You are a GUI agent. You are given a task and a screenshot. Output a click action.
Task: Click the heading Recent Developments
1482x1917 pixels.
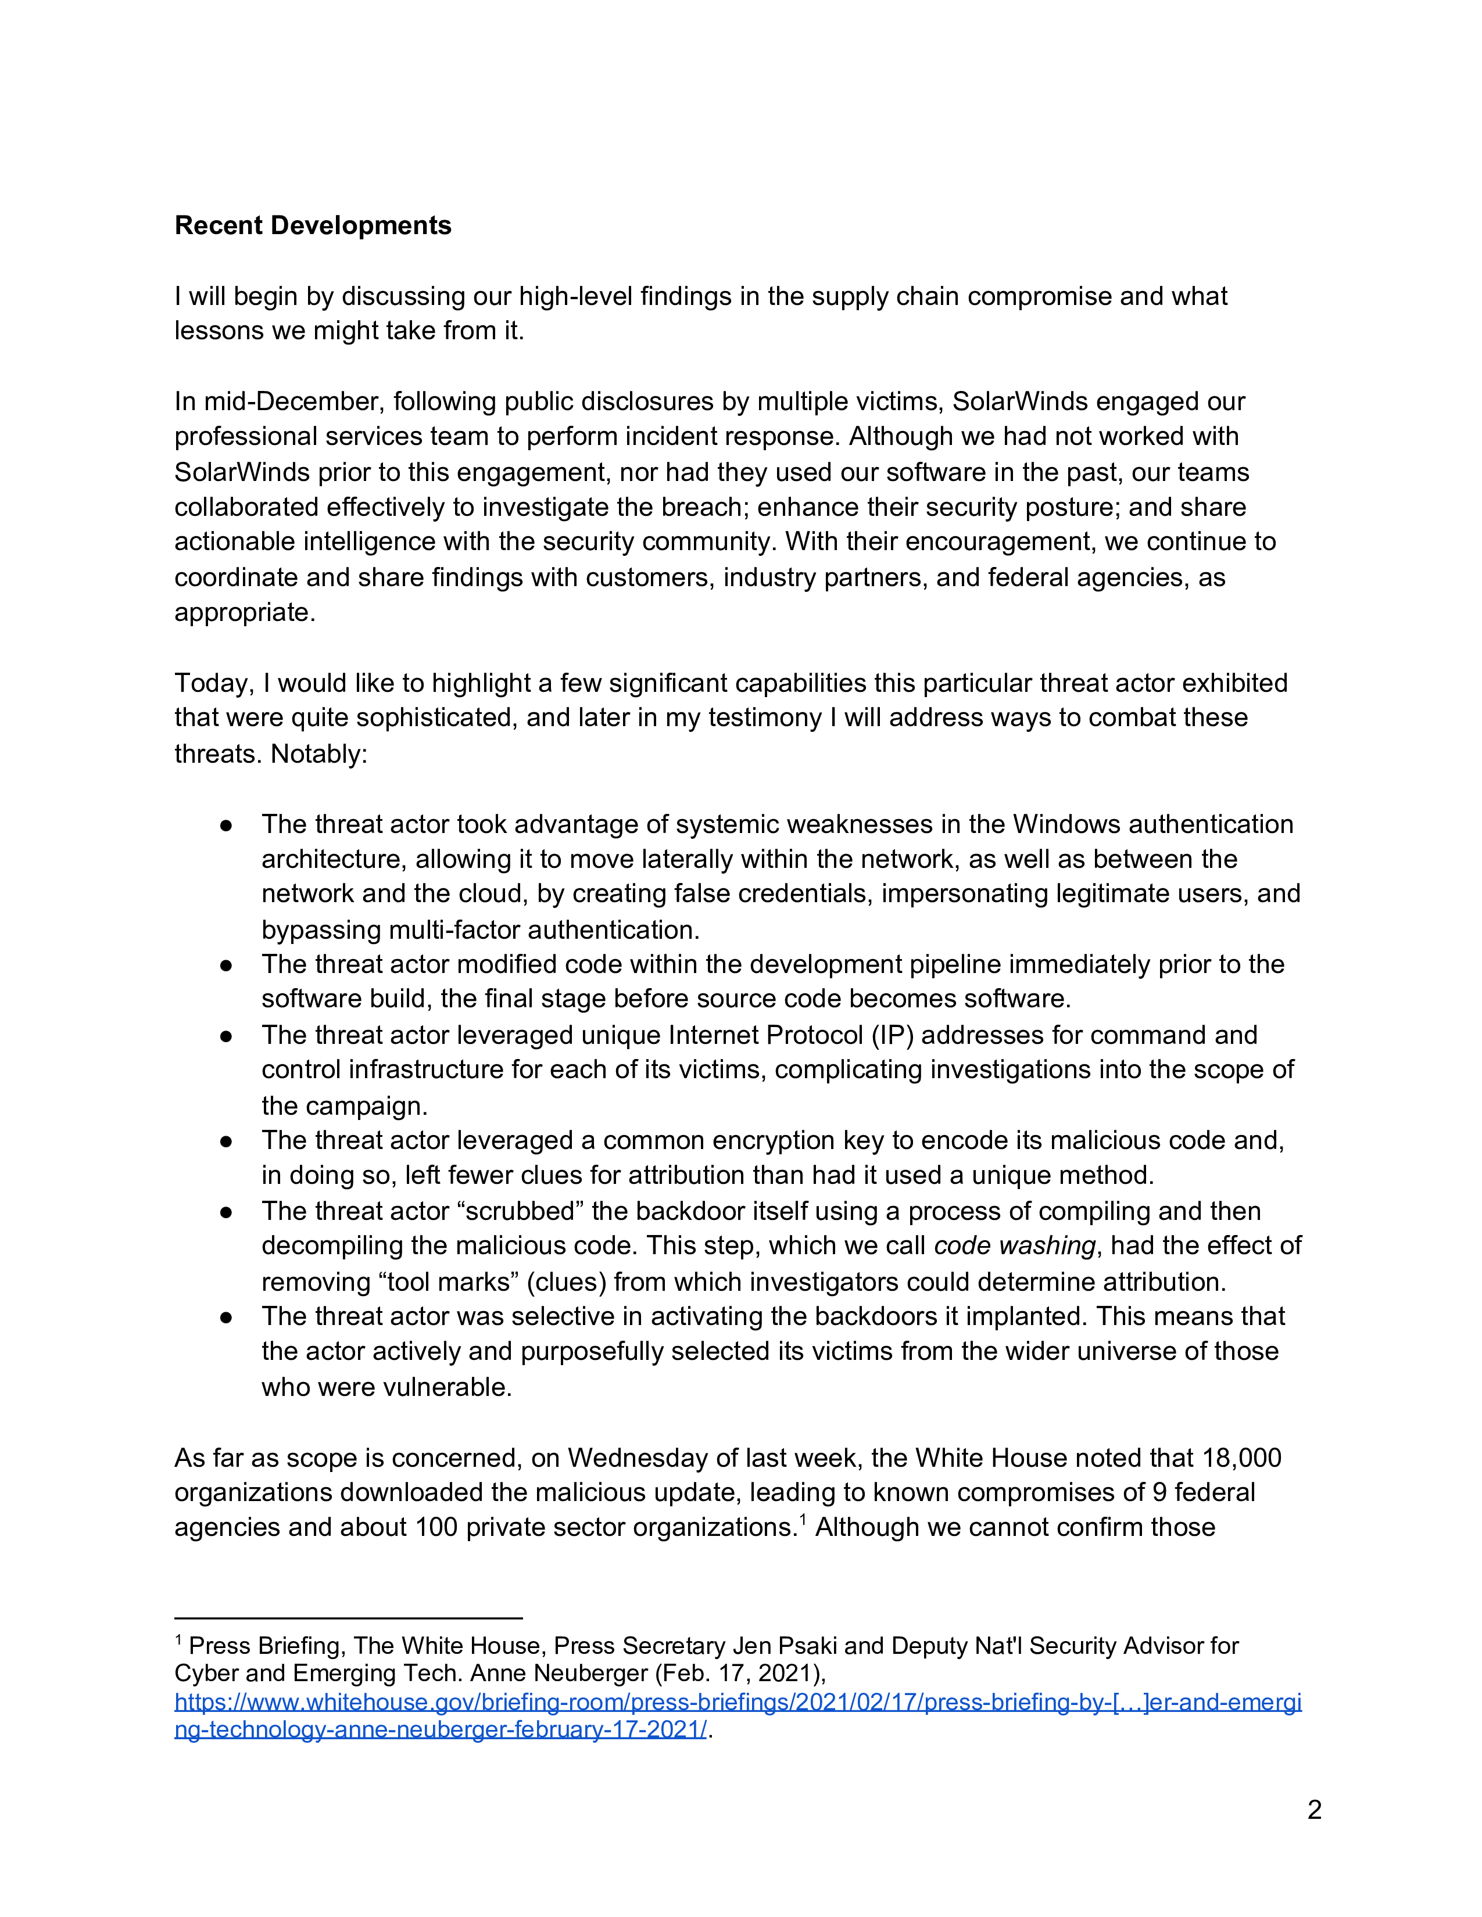(x=313, y=225)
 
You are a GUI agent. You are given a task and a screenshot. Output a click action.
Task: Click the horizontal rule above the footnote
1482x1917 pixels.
(x=349, y=1618)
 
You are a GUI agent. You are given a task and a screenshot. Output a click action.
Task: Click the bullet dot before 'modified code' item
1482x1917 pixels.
(x=227, y=965)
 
